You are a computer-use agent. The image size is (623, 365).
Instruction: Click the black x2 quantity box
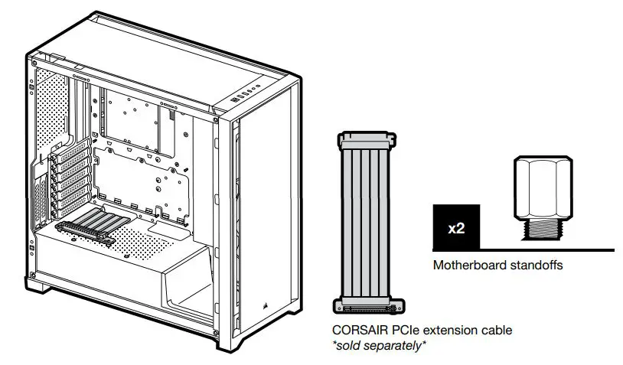[456, 228]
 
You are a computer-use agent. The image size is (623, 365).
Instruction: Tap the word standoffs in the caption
[539, 266]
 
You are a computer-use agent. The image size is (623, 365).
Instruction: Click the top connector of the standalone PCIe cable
[368, 139]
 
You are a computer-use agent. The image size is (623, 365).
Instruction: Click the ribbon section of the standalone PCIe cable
[368, 222]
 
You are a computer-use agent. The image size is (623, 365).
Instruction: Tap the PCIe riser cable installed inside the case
[92, 226]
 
